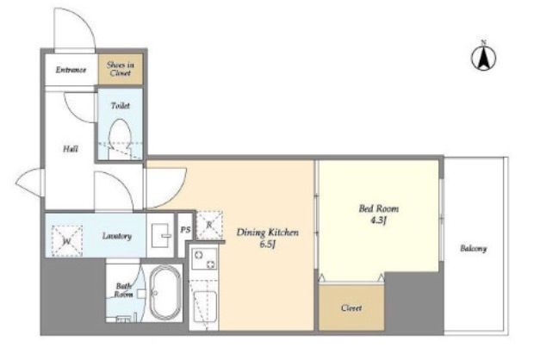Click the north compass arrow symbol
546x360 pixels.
point(484,56)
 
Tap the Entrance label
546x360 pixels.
point(71,70)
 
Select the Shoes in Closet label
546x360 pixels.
point(121,69)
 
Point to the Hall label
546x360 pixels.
point(71,149)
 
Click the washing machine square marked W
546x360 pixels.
point(67,241)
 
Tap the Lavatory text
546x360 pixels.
point(117,236)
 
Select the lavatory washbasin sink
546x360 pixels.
point(162,235)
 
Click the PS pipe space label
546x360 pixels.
point(186,230)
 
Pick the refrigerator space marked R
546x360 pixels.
point(209,226)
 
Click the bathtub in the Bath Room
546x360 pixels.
point(165,293)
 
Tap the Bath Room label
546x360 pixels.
point(124,290)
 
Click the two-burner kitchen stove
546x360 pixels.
point(205,259)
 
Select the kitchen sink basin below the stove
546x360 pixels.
point(205,307)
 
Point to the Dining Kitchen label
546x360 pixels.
point(268,233)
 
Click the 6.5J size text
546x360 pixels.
point(268,245)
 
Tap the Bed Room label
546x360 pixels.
point(379,209)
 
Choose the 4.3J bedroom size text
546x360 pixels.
point(379,220)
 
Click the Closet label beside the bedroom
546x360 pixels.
point(351,308)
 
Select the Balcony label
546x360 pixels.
point(473,249)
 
